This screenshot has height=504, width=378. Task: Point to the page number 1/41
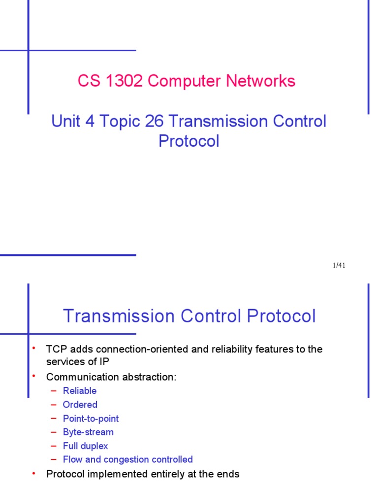pyautogui.click(x=339, y=266)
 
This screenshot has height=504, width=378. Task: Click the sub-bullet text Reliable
pyautogui.click(x=80, y=391)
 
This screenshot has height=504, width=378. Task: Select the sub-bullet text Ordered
pyautogui.click(x=80, y=405)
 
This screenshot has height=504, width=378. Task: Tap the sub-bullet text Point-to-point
pyautogui.click(x=91, y=418)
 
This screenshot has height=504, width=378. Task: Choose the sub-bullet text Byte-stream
pyautogui.click(x=88, y=432)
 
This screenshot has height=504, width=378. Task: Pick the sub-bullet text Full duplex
pyautogui.click(x=85, y=446)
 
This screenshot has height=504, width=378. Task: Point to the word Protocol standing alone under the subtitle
pyautogui.click(x=189, y=141)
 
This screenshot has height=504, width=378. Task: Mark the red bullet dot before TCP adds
pyautogui.click(x=34, y=348)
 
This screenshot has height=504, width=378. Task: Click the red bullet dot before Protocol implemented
pyautogui.click(x=34, y=473)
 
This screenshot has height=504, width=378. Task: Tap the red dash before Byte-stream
pyautogui.click(x=54, y=432)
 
